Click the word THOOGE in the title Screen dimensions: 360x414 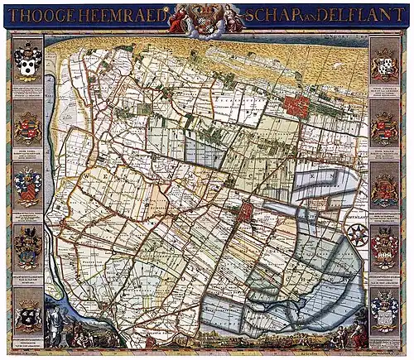tap(34, 15)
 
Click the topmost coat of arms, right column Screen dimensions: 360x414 tap(384, 62)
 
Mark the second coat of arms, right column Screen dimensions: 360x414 tap(384, 127)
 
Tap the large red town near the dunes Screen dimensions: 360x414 tap(296, 107)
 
